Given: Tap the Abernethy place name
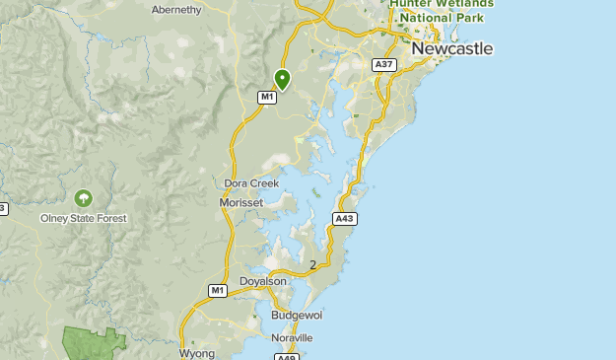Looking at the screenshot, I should click(x=176, y=10).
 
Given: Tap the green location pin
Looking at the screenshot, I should click(x=283, y=79).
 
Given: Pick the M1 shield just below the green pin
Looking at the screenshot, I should click(x=266, y=97).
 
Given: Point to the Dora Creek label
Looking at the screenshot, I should click(x=251, y=183).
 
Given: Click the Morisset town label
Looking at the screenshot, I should click(x=240, y=202).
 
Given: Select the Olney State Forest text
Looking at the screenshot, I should click(x=83, y=218).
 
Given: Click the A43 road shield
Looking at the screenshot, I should click(x=343, y=219).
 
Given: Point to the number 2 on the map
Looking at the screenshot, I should click(x=313, y=264).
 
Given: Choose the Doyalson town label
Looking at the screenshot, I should click(x=262, y=281).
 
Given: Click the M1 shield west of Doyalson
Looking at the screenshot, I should click(x=218, y=290).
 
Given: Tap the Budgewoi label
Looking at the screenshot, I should click(x=297, y=315).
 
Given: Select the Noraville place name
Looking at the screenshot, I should click(x=292, y=337).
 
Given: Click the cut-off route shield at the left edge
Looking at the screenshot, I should click(x=3, y=208).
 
